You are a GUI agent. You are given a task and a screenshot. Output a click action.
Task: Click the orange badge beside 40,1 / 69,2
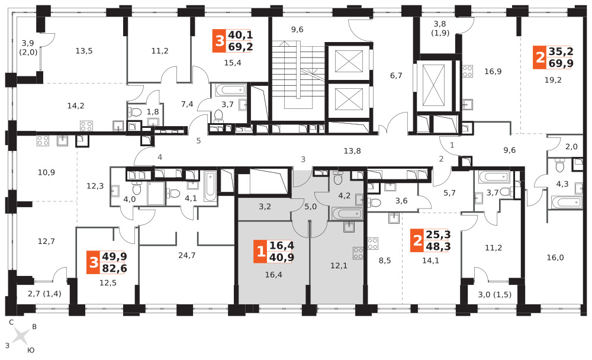(220, 40)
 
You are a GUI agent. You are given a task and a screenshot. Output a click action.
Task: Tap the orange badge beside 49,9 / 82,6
(94, 262)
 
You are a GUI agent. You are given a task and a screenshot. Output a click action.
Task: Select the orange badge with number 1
(260, 251)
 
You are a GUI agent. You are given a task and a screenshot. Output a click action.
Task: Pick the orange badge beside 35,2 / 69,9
(540, 57)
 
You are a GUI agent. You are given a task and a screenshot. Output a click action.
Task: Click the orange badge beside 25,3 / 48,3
(417, 240)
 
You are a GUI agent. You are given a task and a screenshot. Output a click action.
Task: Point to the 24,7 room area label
(187, 255)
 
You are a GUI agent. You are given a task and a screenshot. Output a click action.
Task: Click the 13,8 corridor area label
(352, 151)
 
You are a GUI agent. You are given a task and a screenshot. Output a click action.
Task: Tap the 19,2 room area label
(553, 80)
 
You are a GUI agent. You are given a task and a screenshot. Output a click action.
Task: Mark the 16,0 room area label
(555, 257)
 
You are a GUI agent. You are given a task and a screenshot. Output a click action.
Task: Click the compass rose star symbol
(21, 336)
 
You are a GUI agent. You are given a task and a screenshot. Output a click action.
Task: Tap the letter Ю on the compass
(31, 350)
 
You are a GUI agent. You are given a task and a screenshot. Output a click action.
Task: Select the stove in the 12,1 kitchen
(358, 253)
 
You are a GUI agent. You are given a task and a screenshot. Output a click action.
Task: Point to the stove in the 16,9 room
(468, 71)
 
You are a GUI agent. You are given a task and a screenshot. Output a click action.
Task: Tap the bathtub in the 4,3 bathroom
(567, 202)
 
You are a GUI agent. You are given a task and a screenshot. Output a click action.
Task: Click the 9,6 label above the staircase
(297, 30)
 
